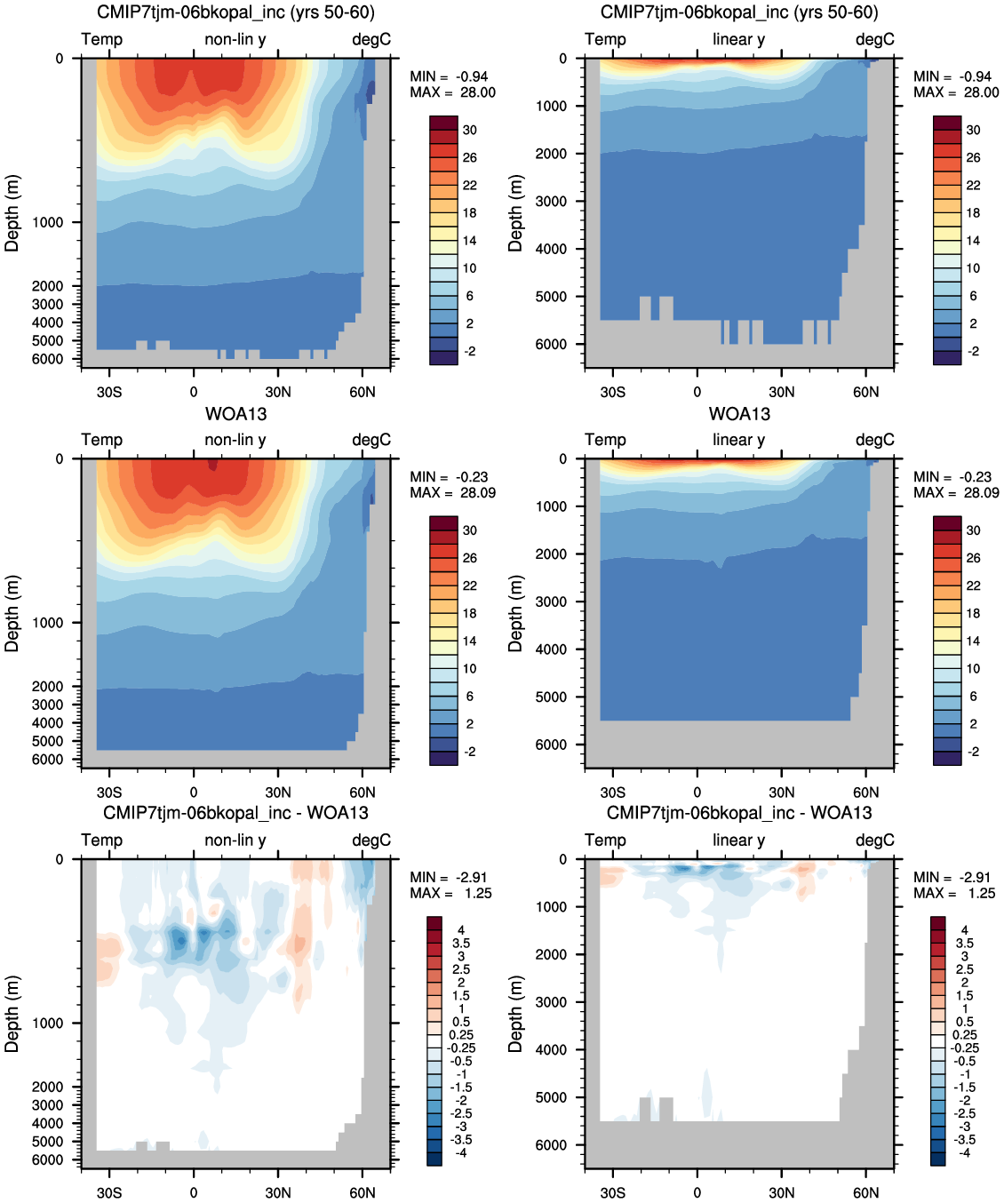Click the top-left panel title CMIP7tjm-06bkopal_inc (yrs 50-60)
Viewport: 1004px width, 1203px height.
tap(235, 12)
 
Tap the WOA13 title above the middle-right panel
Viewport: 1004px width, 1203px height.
tap(739, 414)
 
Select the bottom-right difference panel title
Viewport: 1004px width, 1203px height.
tap(739, 813)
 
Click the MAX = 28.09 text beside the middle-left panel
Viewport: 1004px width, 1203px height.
tap(452, 492)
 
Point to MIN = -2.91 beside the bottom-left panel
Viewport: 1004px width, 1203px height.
tap(449, 878)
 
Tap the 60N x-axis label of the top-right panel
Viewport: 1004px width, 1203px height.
tap(865, 393)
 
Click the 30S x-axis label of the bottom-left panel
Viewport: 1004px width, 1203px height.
tap(109, 1192)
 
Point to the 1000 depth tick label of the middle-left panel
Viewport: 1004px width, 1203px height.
tap(47, 623)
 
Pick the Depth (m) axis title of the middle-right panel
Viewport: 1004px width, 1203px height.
tap(515, 613)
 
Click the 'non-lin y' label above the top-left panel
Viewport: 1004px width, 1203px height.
tap(235, 39)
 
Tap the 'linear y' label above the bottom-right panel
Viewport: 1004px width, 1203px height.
tap(739, 840)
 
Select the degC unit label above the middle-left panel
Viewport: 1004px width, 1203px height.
tap(371, 440)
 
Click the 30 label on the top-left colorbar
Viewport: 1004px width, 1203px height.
tap(470, 131)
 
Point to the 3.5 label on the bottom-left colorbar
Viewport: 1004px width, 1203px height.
tap(461, 944)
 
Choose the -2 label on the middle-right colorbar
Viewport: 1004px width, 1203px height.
tap(974, 752)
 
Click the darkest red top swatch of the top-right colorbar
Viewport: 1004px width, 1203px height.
tap(947, 123)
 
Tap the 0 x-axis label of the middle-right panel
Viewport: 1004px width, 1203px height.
tap(697, 793)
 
